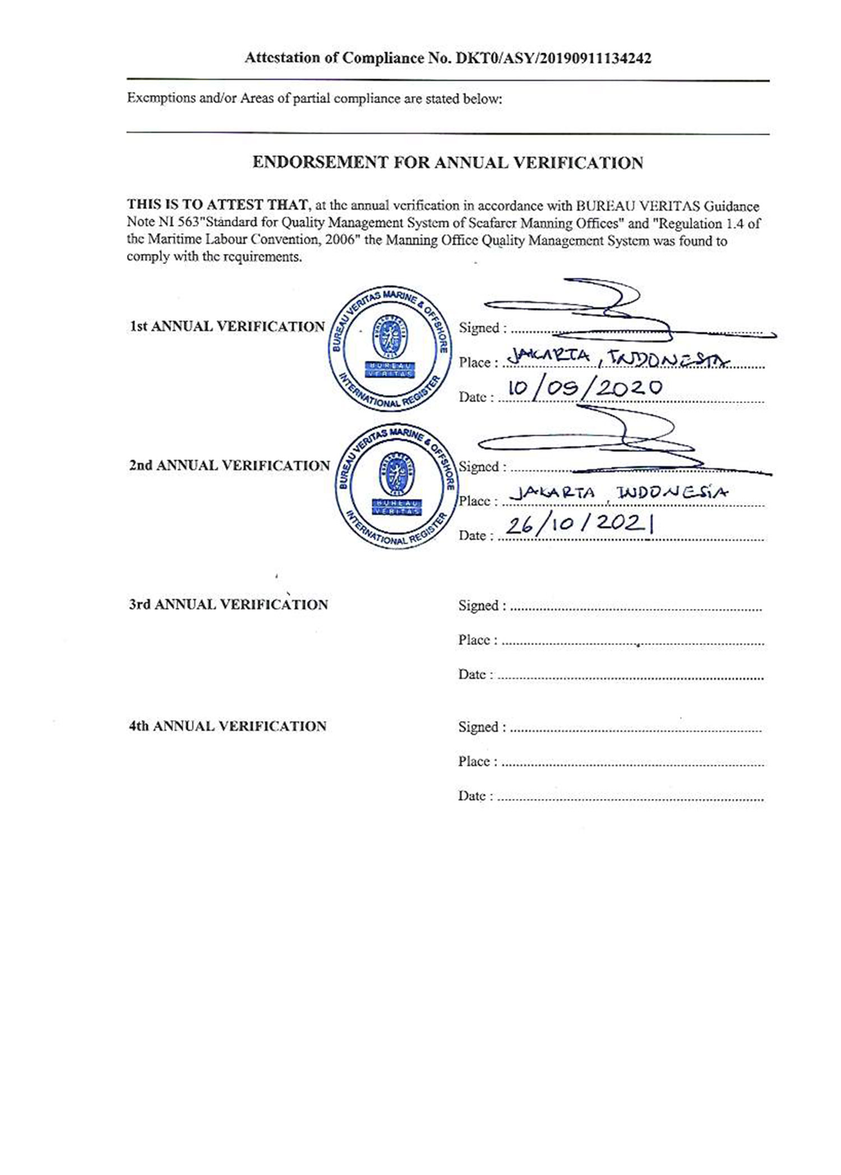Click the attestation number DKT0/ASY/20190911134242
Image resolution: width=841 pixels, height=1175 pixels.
(553, 58)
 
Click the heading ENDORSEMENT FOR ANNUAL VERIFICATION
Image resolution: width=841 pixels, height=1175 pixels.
(447, 163)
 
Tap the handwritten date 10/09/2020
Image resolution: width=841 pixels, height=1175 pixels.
(584, 388)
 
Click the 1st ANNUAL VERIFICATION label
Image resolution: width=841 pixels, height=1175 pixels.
(227, 327)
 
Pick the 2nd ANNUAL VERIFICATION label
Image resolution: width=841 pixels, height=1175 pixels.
(229, 466)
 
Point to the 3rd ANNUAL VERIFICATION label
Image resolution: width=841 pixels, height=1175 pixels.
(228, 605)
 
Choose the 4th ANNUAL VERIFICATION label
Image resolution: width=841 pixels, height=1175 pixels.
(227, 727)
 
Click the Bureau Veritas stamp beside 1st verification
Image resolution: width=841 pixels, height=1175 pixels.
(390, 350)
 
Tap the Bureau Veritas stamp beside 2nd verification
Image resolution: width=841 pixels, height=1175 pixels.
(397, 485)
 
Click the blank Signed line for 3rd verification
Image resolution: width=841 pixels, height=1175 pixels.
(636, 608)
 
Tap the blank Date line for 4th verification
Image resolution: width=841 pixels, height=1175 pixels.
(630, 799)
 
